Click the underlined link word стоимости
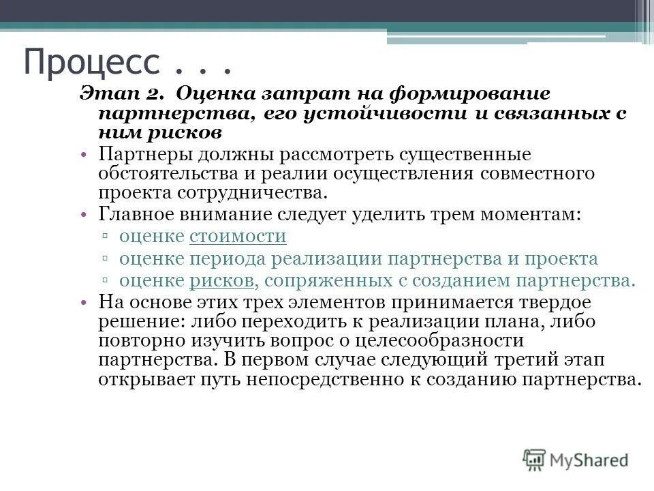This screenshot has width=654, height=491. coord(238,237)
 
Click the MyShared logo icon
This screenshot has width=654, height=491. coord(535,460)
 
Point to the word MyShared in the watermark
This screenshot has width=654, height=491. coord(589,460)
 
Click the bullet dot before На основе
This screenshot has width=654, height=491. coord(82,302)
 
